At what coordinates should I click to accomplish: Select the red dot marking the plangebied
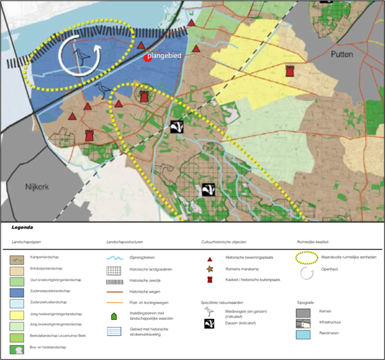pyautogui.click(x=147, y=58)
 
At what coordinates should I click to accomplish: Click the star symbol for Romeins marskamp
pyautogui.click(x=210, y=269)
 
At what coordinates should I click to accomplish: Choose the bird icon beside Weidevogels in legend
pyautogui.click(x=210, y=312)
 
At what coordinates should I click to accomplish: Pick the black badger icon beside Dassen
pyautogui.click(x=210, y=324)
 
